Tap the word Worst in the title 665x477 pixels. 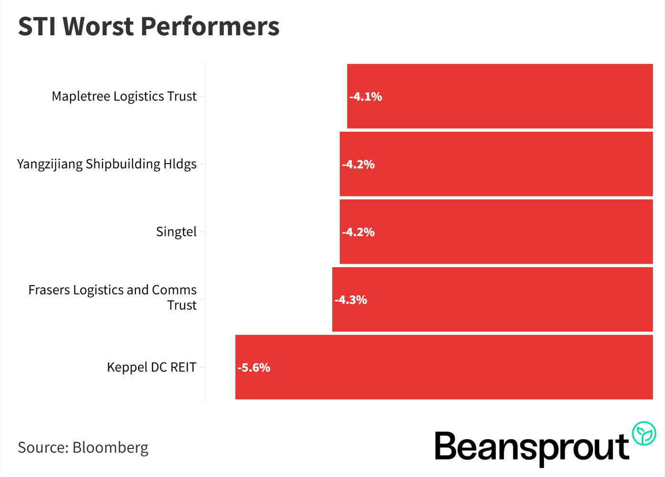98,27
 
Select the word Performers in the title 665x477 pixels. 210,27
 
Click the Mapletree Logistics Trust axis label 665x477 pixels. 124,96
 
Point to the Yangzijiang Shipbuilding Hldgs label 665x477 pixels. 107,164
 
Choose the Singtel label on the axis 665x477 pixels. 176,232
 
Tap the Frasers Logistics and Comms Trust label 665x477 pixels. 113,297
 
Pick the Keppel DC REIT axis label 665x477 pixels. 151,367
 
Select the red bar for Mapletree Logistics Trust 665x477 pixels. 500,96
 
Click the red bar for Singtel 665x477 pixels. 496,232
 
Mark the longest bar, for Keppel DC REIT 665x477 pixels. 443,367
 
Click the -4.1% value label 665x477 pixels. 366,97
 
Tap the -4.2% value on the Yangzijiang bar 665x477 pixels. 358,165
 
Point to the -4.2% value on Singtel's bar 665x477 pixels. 358,232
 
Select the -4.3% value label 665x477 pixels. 350,300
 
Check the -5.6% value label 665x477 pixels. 254,368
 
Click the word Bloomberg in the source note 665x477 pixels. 110,447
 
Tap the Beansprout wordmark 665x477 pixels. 532,447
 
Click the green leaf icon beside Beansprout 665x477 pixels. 644,434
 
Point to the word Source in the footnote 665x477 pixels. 43,447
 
